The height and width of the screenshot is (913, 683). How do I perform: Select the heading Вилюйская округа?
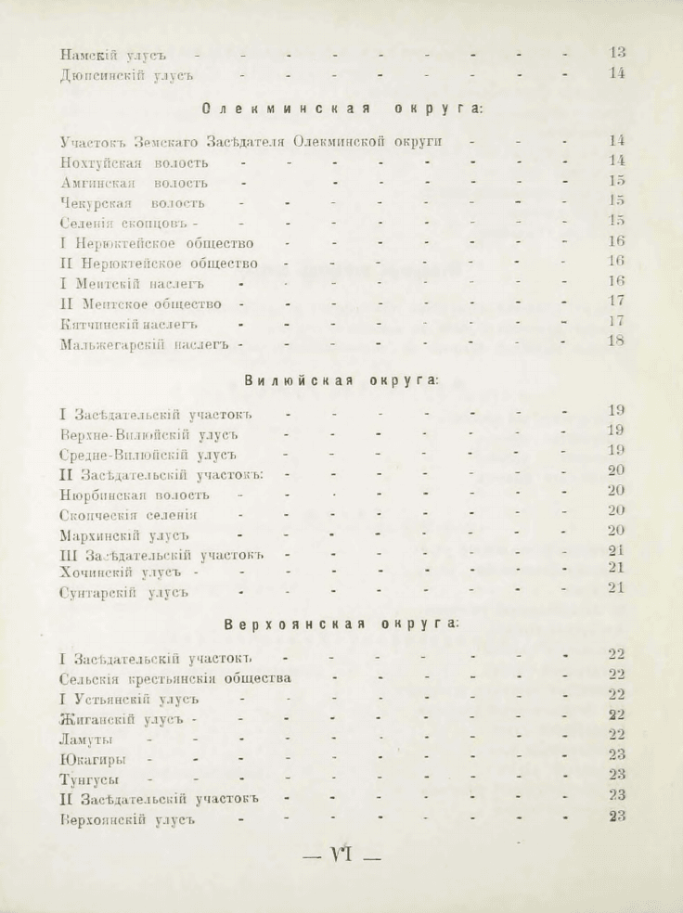tap(341, 380)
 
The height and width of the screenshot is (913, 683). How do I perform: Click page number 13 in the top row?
tap(617, 53)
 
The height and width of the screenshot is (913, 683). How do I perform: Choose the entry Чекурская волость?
tap(131, 203)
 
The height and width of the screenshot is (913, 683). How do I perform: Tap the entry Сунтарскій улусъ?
tap(122, 591)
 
